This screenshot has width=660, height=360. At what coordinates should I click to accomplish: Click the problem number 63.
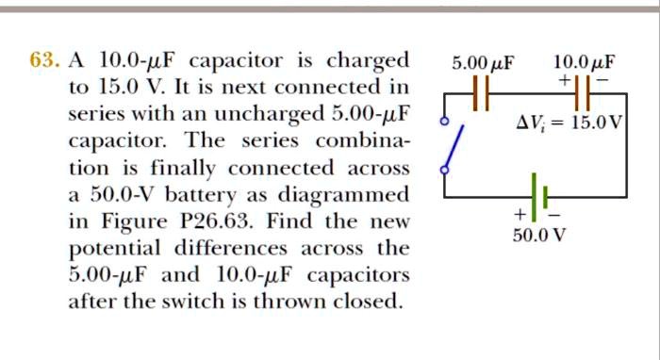coord(43,62)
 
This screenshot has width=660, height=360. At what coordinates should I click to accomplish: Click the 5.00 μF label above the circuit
coord(483,65)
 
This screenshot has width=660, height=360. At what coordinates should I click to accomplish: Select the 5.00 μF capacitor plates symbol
coord(481,93)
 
